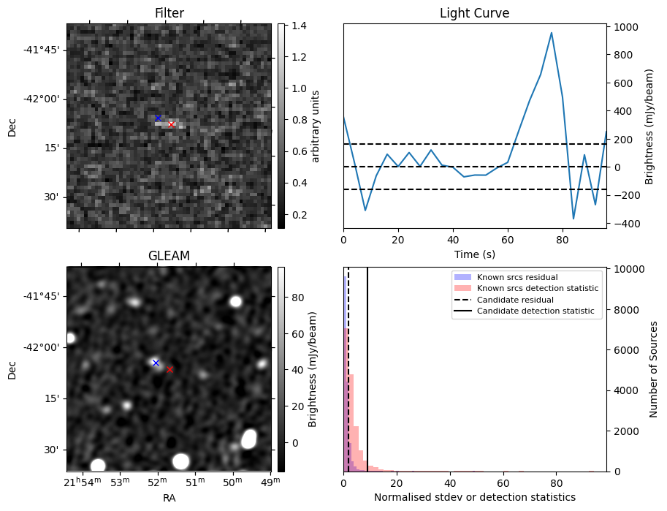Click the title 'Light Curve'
click(474, 13)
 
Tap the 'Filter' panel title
click(169, 13)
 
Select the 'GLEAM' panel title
click(169, 256)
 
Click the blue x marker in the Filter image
click(158, 118)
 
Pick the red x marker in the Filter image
click(172, 125)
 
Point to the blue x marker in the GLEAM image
click(156, 363)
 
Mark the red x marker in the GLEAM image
click(170, 369)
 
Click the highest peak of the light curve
click(552, 33)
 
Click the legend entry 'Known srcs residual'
click(516, 277)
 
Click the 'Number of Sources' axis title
click(655, 369)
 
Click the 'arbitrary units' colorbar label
click(316, 126)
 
